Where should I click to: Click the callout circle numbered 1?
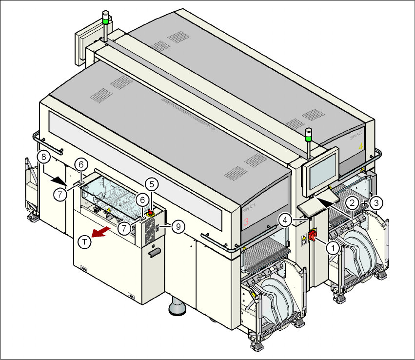point(333,248)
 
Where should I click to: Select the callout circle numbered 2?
point(352,201)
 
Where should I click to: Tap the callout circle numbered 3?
point(376,201)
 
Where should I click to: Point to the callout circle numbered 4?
point(286,220)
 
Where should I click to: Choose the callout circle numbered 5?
point(152,184)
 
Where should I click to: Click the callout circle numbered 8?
point(43,157)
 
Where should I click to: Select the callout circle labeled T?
point(85,241)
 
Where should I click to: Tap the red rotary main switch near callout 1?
point(312,238)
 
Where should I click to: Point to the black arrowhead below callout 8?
point(59,179)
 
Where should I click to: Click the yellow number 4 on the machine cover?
point(360,146)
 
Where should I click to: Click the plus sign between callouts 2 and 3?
point(364,201)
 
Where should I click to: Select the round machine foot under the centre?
point(176,308)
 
